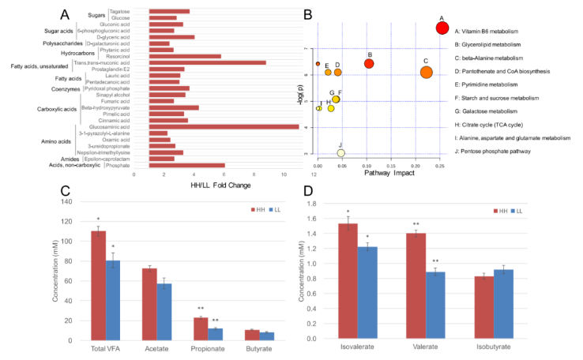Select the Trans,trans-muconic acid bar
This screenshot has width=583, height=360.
tap(197, 62)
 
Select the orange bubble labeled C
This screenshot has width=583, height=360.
tap(426, 72)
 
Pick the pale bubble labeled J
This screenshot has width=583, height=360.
tap(341, 153)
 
